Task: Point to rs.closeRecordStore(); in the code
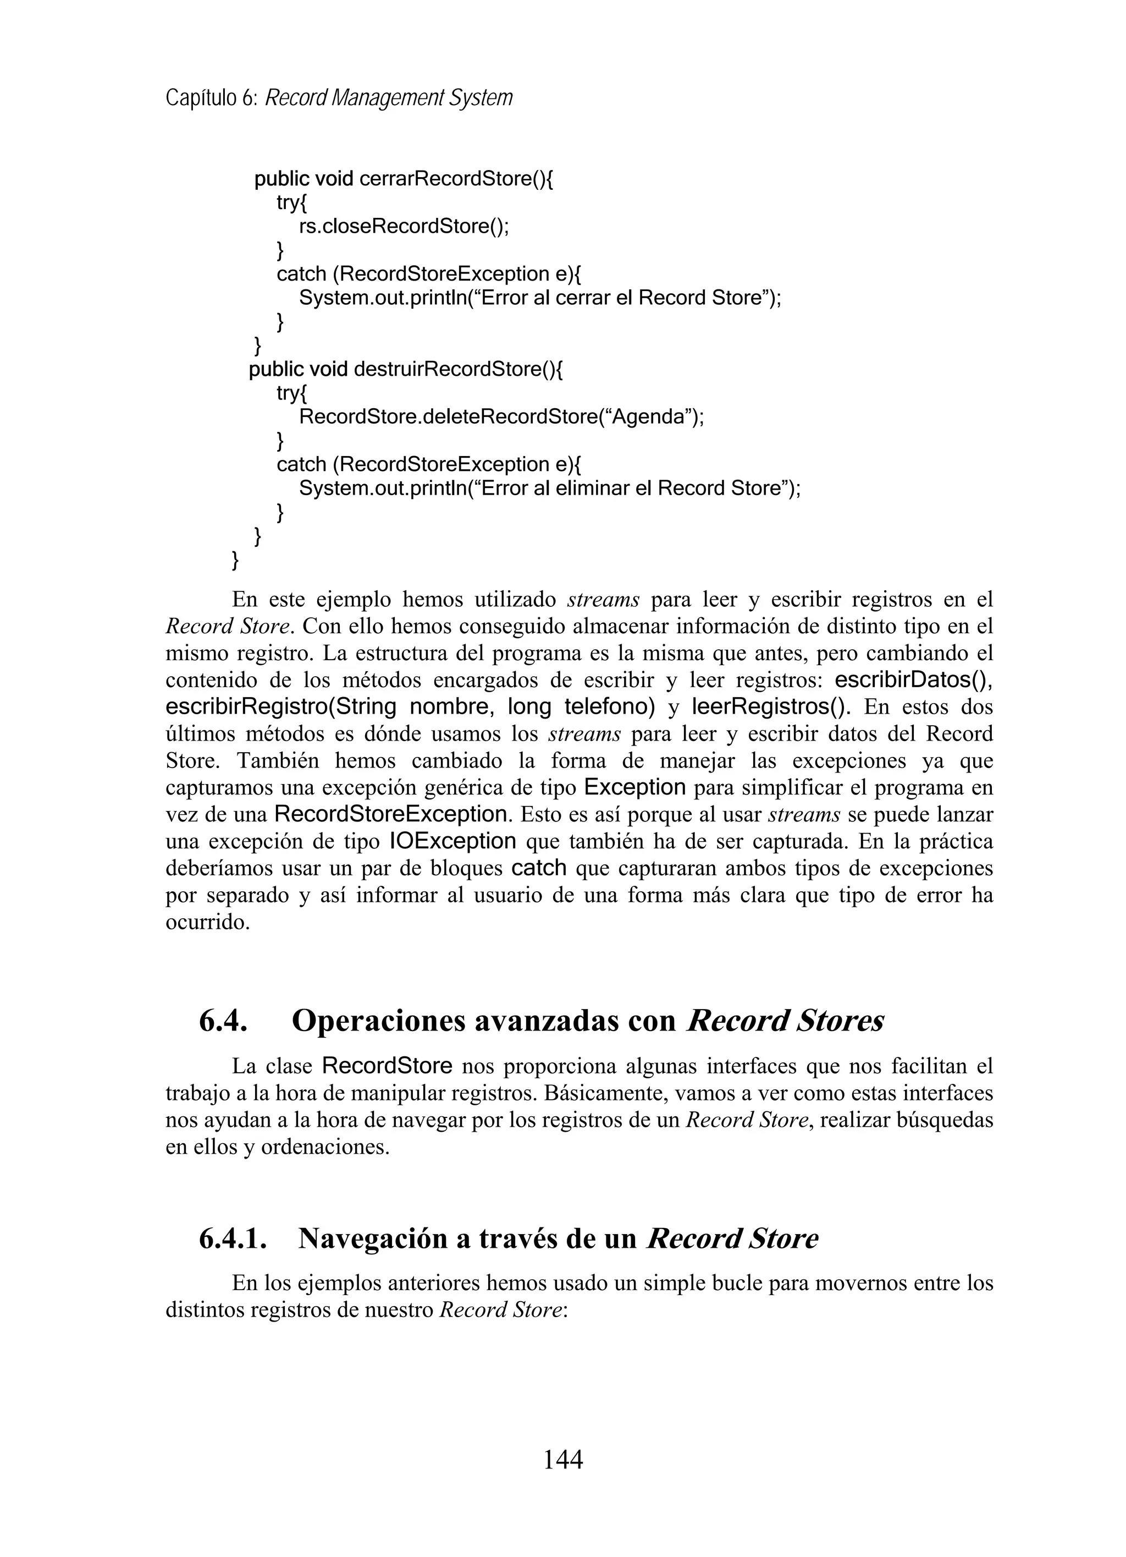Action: click(404, 227)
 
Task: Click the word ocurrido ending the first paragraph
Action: click(207, 922)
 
